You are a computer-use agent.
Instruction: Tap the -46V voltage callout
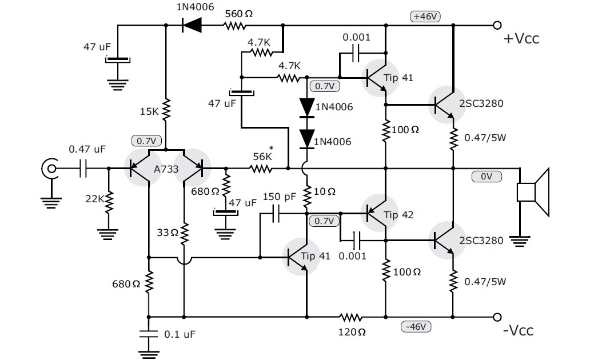click(x=416, y=326)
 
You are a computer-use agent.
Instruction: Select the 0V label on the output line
click(x=487, y=177)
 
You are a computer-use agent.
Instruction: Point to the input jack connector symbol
click(x=50, y=169)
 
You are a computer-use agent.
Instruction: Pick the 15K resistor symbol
click(x=166, y=110)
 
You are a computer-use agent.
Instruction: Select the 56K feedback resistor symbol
click(x=261, y=169)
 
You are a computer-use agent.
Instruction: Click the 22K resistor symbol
click(x=108, y=200)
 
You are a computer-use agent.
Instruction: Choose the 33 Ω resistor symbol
click(x=184, y=233)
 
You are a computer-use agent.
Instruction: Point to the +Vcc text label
click(x=521, y=39)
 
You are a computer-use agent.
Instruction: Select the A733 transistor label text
click(x=166, y=169)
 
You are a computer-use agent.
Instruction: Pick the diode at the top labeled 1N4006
click(x=193, y=25)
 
